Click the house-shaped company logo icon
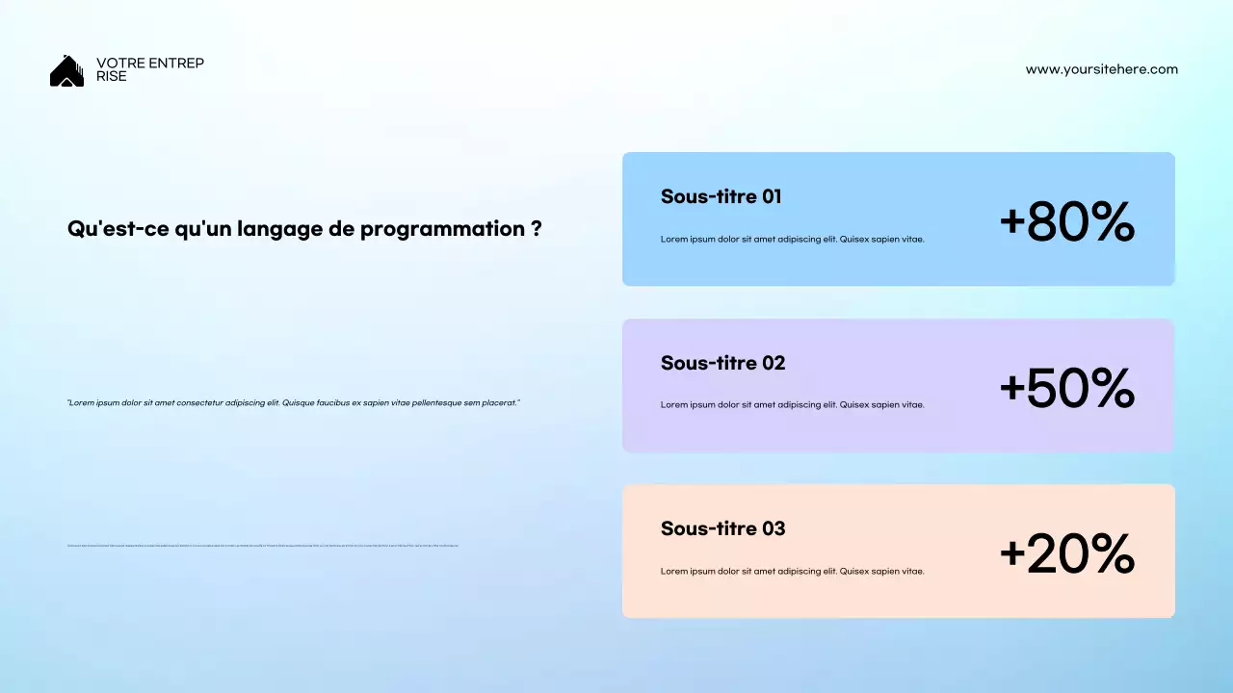pyautogui.click(x=66, y=71)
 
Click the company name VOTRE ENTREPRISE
pyautogui.click(x=149, y=69)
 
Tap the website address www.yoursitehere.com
pyautogui.click(x=1101, y=69)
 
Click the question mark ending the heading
pyautogui.click(x=536, y=229)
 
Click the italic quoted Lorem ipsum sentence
pyautogui.click(x=294, y=402)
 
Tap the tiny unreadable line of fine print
pyautogui.click(x=262, y=546)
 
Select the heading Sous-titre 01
pyautogui.click(x=721, y=196)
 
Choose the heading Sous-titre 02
pyautogui.click(x=722, y=363)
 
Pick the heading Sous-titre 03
pyautogui.click(x=722, y=528)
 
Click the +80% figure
pyautogui.click(x=1066, y=221)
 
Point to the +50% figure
pyautogui.click(x=1066, y=388)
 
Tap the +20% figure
pyautogui.click(x=1066, y=554)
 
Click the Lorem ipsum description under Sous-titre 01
pyautogui.click(x=792, y=240)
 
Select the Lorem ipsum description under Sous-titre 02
pyautogui.click(x=792, y=405)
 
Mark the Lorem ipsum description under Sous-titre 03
pyautogui.click(x=792, y=572)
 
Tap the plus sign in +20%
pyautogui.click(x=1011, y=554)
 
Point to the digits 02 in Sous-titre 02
pyautogui.click(x=773, y=363)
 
